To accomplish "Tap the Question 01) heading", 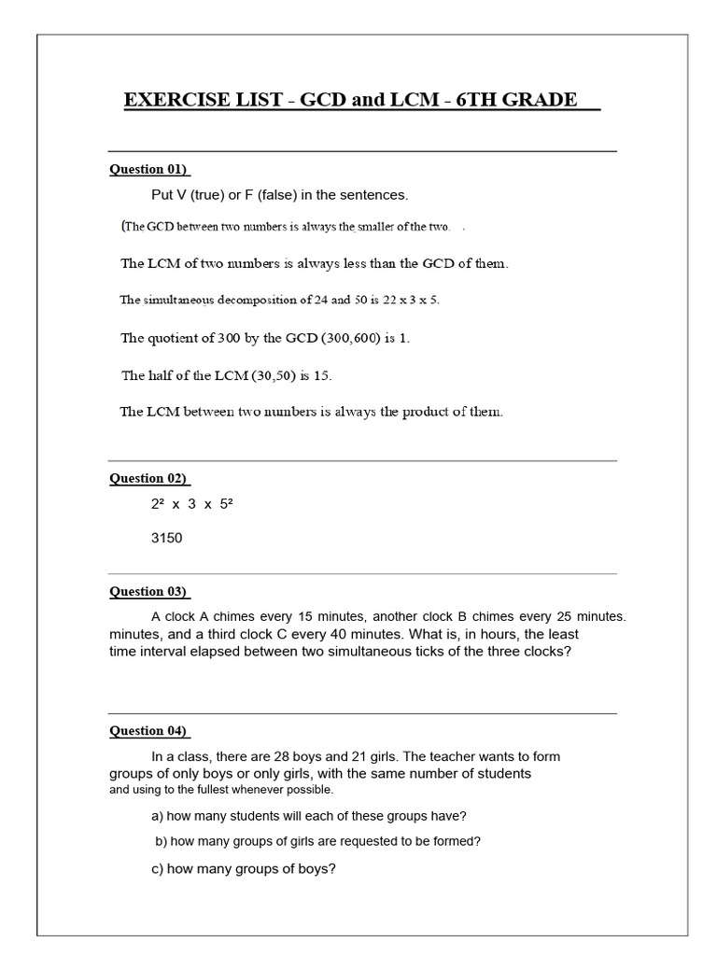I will (x=149, y=170).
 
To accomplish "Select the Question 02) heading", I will (x=149, y=478).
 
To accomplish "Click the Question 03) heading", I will (x=149, y=591).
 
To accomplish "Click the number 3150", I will (x=167, y=538).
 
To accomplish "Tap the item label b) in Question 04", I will (x=162, y=841).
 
